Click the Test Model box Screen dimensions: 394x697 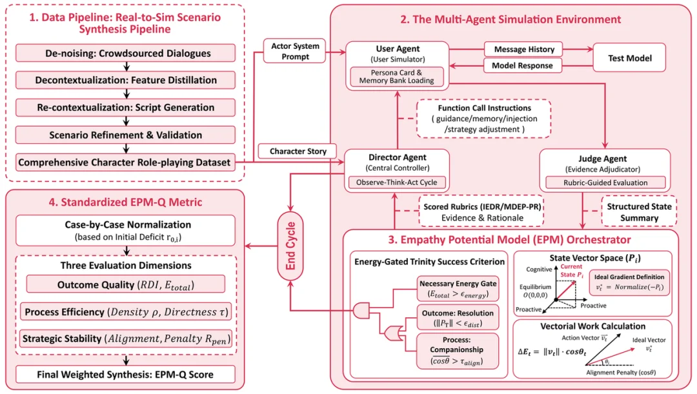pyautogui.click(x=629, y=58)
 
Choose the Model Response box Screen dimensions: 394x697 pyautogui.click(x=523, y=66)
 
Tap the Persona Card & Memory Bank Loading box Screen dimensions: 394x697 pyautogui.click(x=397, y=76)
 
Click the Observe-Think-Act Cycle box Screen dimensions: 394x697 pyautogui.click(x=397, y=182)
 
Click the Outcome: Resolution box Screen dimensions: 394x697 pyautogui.click(x=458, y=319)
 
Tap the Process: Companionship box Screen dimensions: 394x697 pyautogui.click(x=458, y=350)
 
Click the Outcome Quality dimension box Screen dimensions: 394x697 pyautogui.click(x=126, y=284)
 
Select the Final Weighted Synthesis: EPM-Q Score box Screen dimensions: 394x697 pyautogui.click(x=126, y=374)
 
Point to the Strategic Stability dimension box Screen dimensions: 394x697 pyautogui.click(x=126, y=338)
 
